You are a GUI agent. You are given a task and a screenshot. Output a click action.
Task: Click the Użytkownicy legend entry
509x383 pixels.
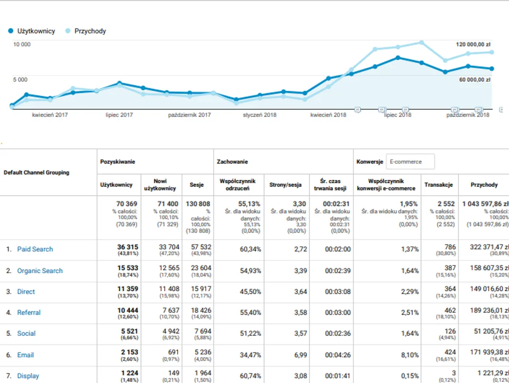32,31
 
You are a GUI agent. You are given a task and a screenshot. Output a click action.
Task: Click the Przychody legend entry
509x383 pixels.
86,31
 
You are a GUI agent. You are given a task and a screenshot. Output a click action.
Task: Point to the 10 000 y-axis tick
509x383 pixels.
22,44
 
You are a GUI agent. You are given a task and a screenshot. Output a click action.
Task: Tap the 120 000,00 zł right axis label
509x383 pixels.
473,44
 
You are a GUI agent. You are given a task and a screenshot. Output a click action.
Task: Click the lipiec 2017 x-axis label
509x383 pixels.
119,115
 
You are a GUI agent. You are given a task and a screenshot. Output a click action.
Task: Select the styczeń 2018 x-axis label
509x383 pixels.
259,115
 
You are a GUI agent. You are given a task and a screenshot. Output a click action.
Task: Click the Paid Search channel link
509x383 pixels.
35,249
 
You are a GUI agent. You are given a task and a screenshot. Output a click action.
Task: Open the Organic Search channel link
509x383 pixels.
39,271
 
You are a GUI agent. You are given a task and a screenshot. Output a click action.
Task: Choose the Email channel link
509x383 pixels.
25,355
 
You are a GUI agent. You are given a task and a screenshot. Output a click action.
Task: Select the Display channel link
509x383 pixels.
28,376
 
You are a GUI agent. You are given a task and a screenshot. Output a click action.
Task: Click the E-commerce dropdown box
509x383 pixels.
410,162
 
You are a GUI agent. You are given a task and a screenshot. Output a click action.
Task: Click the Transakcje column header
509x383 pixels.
439,185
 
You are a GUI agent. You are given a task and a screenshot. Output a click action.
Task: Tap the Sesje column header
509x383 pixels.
197,185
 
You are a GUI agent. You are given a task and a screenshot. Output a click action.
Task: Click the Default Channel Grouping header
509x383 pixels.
36,173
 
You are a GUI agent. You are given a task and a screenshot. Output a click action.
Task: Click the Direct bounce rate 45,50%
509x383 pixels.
250,292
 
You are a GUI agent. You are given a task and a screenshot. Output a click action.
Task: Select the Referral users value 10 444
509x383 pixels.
127,310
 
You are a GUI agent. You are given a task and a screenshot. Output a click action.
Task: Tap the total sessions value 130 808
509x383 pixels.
198,204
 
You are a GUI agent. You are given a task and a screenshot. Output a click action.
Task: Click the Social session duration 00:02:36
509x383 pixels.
338,334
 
